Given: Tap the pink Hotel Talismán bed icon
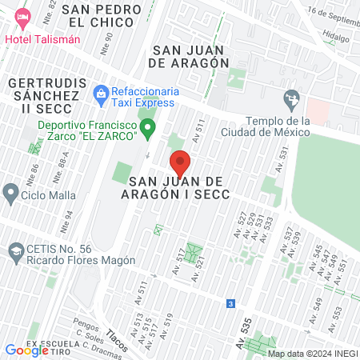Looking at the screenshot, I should (x=22, y=16).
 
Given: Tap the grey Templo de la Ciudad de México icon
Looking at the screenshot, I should (x=290, y=98).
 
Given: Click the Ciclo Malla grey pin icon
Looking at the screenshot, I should (x=11, y=193).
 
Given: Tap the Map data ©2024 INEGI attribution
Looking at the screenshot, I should (x=312, y=354).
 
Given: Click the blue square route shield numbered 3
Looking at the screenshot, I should (x=230, y=304).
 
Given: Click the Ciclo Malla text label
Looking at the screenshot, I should (x=50, y=195).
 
